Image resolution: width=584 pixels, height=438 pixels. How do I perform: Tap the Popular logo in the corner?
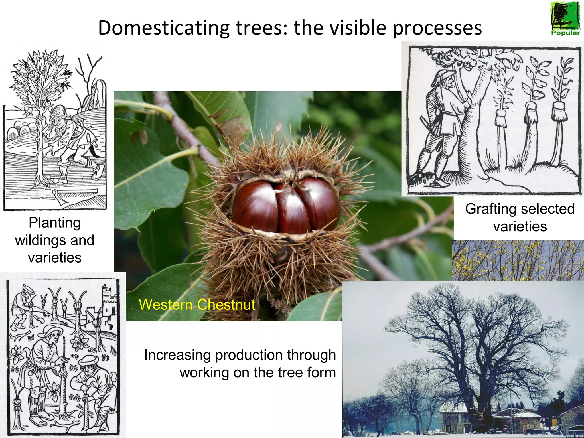click(x=565, y=19)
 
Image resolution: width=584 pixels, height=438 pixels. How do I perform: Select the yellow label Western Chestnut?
click(x=197, y=305)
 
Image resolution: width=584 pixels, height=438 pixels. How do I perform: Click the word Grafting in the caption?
click(x=487, y=209)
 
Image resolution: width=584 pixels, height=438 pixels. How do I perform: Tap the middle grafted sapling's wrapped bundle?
click(x=531, y=113)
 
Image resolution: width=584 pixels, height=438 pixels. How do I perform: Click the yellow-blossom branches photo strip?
click(x=518, y=260)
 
